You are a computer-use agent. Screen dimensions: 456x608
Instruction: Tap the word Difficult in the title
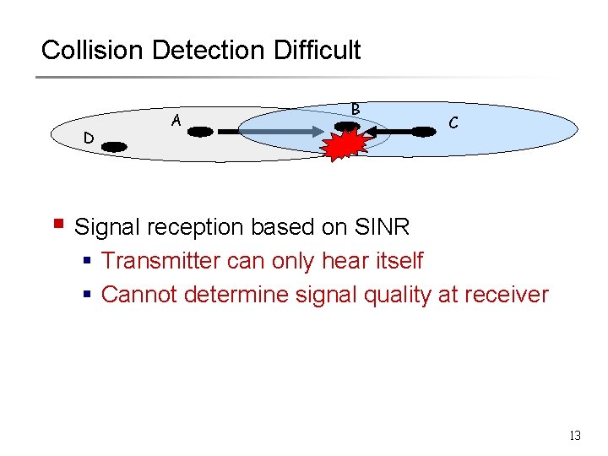click(x=317, y=50)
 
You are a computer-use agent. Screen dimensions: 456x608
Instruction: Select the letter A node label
click(x=176, y=121)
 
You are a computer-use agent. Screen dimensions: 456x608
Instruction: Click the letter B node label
click(x=356, y=108)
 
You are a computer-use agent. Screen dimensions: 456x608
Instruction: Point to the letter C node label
click(x=453, y=122)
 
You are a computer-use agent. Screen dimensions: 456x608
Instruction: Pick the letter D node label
click(x=88, y=138)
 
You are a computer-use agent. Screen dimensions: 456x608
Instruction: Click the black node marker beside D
click(x=114, y=147)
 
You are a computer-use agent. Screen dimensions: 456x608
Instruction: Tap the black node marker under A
click(x=200, y=132)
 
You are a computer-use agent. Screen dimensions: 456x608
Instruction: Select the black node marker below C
click(x=421, y=131)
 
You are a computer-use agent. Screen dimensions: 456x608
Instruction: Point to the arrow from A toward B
click(x=270, y=132)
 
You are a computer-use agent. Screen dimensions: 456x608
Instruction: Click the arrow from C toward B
click(x=390, y=132)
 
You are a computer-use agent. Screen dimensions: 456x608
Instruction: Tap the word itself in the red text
click(x=396, y=261)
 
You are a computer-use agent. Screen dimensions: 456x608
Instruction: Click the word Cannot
click(x=137, y=295)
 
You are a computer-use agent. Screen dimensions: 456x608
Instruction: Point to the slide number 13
click(x=575, y=436)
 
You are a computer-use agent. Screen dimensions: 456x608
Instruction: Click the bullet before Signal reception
click(x=58, y=225)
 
